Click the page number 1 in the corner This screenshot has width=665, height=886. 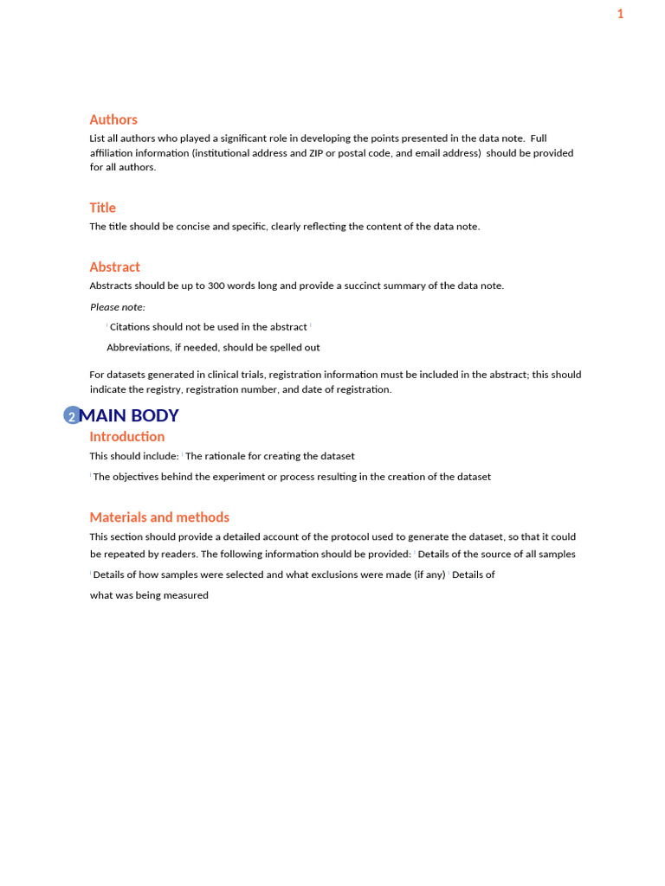coord(620,14)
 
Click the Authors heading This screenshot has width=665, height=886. coord(113,119)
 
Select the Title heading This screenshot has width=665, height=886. coord(102,208)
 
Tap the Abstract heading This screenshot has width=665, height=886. coord(114,266)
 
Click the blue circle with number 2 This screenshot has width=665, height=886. coord(73,416)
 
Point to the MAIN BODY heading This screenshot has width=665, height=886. coord(129,415)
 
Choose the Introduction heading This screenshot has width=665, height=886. coord(126,436)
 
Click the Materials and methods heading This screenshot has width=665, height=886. coord(159,517)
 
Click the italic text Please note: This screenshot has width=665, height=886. coord(118,307)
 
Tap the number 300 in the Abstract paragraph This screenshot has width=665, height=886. coord(216,286)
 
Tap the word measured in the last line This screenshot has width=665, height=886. coord(188,595)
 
